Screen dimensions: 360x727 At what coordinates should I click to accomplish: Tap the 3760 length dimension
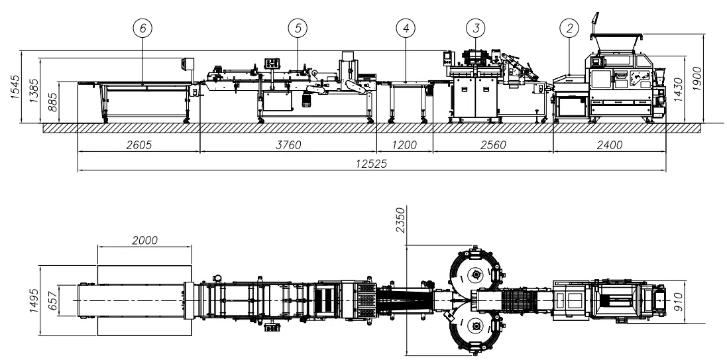pyautogui.click(x=288, y=145)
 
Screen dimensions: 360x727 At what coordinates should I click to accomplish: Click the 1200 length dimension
pyautogui.click(x=405, y=145)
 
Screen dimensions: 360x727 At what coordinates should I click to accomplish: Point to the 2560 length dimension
pyautogui.click(x=492, y=145)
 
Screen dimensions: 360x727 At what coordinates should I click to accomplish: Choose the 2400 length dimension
pyautogui.click(x=609, y=145)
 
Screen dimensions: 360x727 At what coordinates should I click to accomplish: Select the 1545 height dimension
pyautogui.click(x=17, y=87)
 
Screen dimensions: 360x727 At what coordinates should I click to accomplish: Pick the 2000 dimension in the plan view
pyautogui.click(x=144, y=240)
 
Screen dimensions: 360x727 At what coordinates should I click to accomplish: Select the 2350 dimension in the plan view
pyautogui.click(x=400, y=223)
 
